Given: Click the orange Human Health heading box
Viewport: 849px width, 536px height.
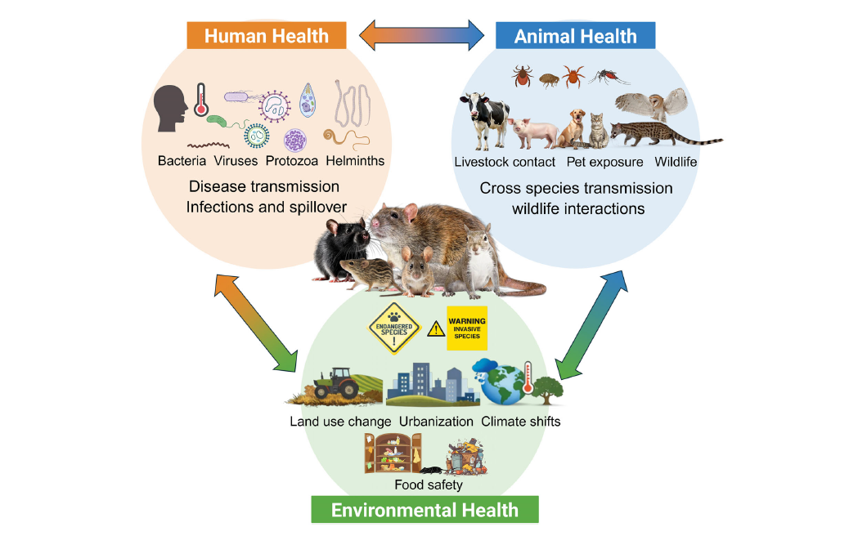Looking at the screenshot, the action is point(267,36).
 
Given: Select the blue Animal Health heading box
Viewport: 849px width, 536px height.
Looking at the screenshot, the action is point(576,36).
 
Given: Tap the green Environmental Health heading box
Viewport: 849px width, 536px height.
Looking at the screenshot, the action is point(425,510).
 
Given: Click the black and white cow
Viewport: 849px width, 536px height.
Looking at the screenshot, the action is point(484,120).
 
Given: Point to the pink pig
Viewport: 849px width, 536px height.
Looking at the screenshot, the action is point(533,132).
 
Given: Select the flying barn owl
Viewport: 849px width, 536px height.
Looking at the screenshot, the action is point(651,104).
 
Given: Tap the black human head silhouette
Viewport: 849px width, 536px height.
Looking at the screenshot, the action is point(170,109).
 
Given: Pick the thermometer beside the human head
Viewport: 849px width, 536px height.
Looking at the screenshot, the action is point(201,100).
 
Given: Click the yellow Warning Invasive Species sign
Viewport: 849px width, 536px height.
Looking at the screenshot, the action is point(467,328).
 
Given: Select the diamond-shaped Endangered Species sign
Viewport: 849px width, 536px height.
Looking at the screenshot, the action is point(394,328).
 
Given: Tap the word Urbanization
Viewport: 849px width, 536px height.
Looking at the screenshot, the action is point(436,422).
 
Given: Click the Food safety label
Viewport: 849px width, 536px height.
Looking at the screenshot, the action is point(429,485).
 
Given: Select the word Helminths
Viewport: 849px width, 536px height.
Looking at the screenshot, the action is point(355,161).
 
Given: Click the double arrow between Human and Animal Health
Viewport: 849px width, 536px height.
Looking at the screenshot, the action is point(422,36).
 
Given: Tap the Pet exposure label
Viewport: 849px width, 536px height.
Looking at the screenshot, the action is point(604,162).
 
